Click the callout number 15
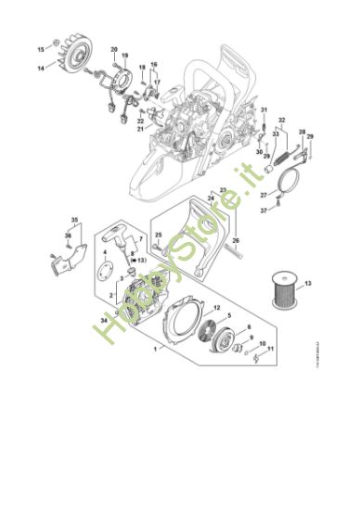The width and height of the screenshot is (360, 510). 40,47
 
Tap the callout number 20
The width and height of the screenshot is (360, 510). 114,48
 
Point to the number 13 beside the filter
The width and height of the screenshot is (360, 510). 308,280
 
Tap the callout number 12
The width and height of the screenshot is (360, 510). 216,307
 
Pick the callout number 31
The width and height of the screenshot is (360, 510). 264,109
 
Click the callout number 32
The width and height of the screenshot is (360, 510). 282,120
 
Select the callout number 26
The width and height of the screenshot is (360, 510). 236,239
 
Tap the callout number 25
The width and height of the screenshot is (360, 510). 159,234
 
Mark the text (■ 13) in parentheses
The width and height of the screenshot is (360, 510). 143,261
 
